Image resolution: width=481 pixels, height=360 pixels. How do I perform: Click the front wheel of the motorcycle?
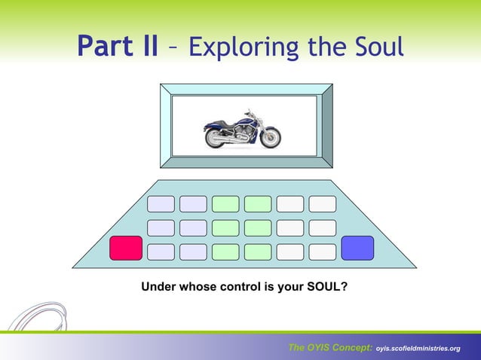(x=269, y=137)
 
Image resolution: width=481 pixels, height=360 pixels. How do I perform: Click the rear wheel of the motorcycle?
(x=216, y=138)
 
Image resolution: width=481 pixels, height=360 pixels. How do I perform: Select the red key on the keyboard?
(x=126, y=248)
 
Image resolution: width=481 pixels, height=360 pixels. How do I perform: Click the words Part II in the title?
(x=118, y=47)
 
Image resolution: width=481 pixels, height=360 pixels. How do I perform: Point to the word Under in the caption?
(x=158, y=286)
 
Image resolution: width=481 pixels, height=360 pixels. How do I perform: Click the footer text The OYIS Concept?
(x=329, y=347)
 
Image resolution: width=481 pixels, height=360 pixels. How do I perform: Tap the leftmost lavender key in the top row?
(x=161, y=204)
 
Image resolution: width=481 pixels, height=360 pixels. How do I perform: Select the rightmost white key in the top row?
(x=323, y=204)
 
